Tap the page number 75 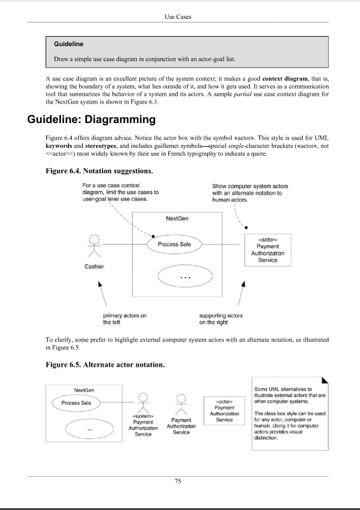click(x=178, y=482)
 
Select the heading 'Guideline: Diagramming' click(x=91, y=120)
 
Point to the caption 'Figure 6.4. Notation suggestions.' click(x=99, y=172)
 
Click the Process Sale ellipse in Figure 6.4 click(x=178, y=244)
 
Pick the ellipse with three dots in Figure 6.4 click(x=184, y=276)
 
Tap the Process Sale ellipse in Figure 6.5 click(x=77, y=403)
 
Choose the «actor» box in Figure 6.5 click(x=224, y=409)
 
